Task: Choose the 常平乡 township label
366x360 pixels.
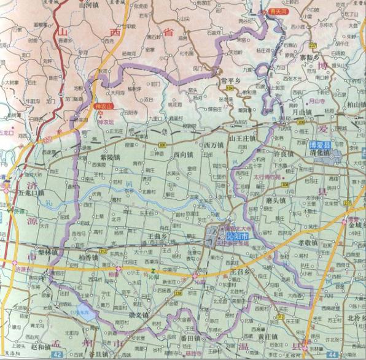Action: pos(232,80)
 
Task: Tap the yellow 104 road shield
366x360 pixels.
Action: pos(229,89)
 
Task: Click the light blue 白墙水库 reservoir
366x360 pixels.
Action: pos(82,312)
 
